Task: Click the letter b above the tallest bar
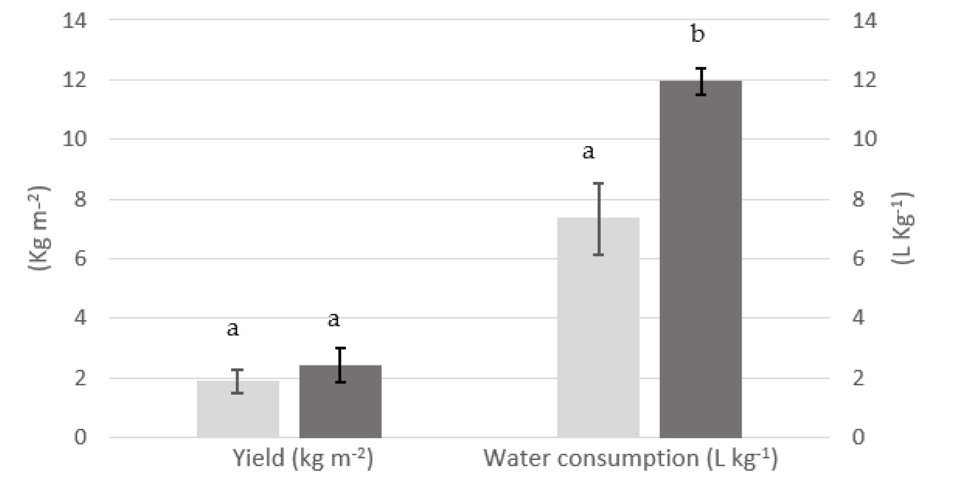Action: pyautogui.click(x=698, y=35)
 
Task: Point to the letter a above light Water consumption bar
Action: pyautogui.click(x=588, y=152)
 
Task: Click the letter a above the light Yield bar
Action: pyautogui.click(x=232, y=329)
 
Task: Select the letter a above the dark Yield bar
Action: pyautogui.click(x=334, y=320)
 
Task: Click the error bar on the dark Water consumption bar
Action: pyautogui.click(x=701, y=81)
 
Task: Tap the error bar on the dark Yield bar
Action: pyautogui.click(x=340, y=365)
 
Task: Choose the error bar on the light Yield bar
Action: pyautogui.click(x=237, y=381)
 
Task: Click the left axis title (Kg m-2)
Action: pyautogui.click(x=39, y=228)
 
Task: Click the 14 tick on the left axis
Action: pyautogui.click(x=74, y=21)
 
